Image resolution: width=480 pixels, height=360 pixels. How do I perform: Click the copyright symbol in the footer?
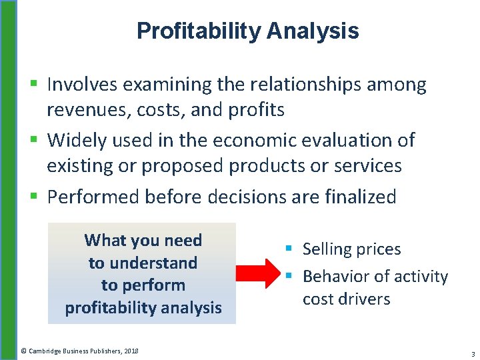(x=23, y=351)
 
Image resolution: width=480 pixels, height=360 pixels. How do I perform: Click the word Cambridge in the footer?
(x=46, y=351)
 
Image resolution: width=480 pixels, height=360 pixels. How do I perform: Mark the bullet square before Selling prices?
(x=289, y=249)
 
